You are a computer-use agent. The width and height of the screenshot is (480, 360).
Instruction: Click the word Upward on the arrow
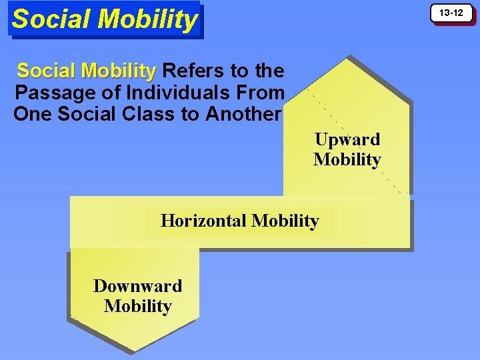pyautogui.click(x=347, y=139)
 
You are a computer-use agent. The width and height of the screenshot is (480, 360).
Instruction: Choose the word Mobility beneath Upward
pyautogui.click(x=347, y=160)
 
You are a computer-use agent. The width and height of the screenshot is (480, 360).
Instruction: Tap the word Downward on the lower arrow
pyautogui.click(x=137, y=286)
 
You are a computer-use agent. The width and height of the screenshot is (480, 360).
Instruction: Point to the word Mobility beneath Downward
pyautogui.click(x=137, y=307)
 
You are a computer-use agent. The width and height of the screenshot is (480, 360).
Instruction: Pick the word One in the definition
pyautogui.click(x=33, y=114)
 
